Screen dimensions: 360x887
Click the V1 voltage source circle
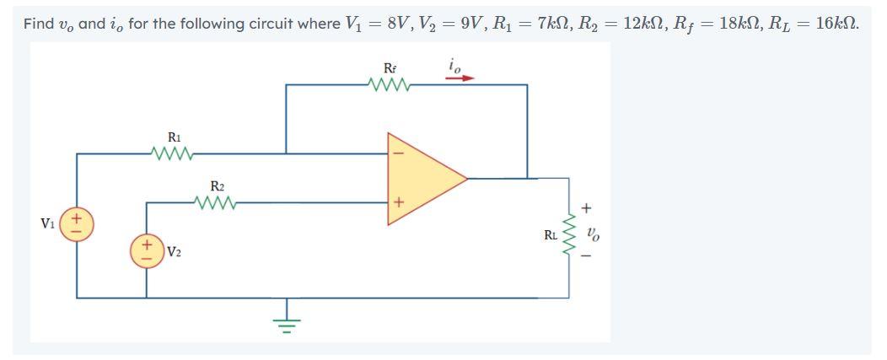(77, 224)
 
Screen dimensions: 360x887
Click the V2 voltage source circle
(147, 251)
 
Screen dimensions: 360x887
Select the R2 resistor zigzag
(217, 202)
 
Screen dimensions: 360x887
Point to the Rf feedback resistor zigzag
(390, 84)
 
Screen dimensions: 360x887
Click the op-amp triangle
(422, 178)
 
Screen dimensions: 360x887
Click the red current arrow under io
(460, 78)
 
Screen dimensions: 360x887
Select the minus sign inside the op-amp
(400, 154)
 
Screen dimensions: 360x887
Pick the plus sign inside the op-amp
(400, 202)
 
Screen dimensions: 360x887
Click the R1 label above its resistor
(174, 137)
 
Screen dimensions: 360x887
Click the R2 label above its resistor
(218, 185)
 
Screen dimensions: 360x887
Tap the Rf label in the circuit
(390, 67)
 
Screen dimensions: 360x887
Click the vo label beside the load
(594, 231)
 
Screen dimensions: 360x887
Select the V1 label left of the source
(49, 224)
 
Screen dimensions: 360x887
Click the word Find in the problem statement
(38, 23)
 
